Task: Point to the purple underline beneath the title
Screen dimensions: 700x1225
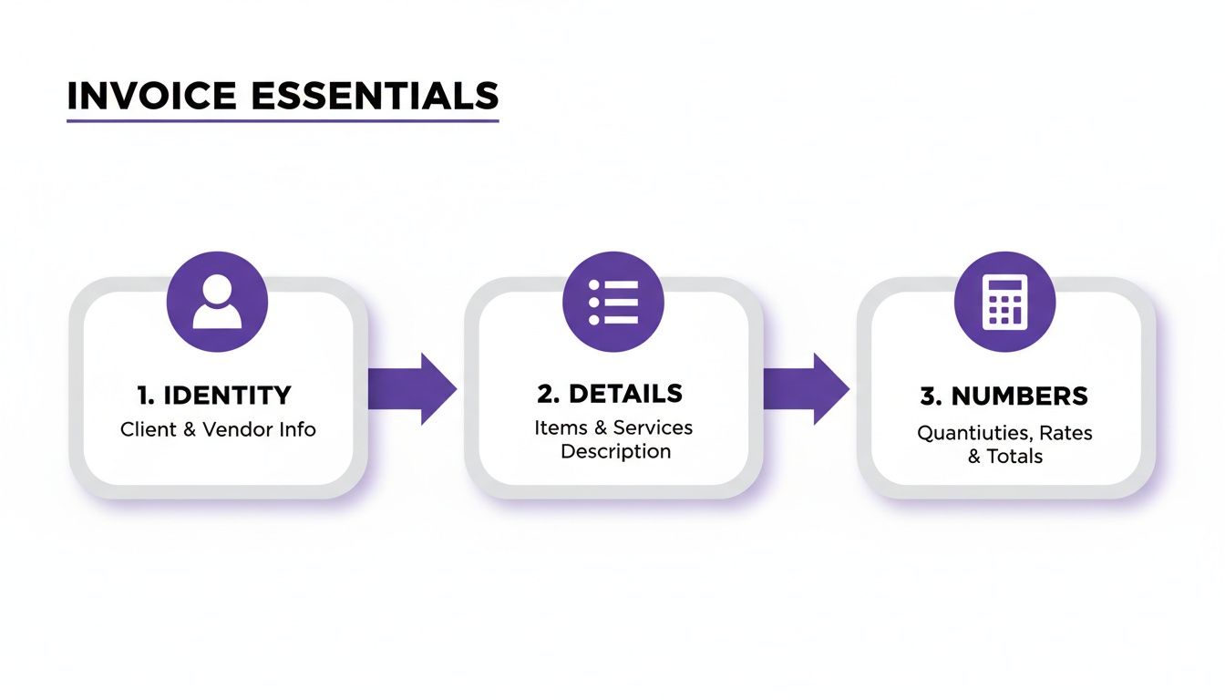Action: pyautogui.click(x=283, y=120)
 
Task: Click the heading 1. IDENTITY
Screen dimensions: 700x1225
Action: pyautogui.click(x=214, y=396)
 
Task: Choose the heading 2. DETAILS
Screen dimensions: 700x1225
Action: pyautogui.click(x=610, y=394)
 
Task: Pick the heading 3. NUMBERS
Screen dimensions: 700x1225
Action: pyautogui.click(x=1004, y=396)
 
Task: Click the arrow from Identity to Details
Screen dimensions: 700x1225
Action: pyautogui.click(x=415, y=389)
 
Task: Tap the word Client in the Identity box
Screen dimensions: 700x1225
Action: pyautogui.click(x=149, y=429)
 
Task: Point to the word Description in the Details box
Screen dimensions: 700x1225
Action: pyautogui.click(x=615, y=452)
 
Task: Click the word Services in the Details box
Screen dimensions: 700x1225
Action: pyautogui.click(x=653, y=427)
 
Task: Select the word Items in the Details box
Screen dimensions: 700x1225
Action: pyautogui.click(x=555, y=427)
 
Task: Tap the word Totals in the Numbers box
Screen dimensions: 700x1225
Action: pyautogui.click(x=1014, y=457)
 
